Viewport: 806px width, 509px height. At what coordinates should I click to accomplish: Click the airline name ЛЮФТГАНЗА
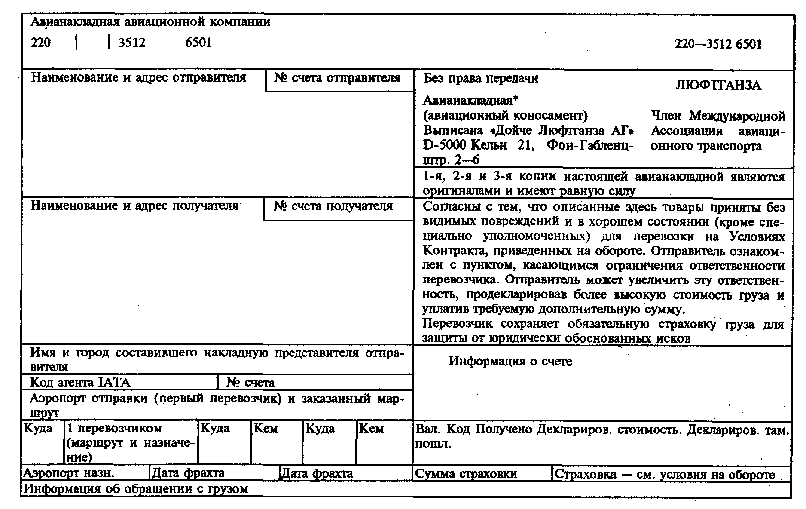718,86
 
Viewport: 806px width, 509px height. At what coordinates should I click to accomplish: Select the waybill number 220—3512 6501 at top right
718,45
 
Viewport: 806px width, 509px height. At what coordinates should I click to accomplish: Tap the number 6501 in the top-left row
198,42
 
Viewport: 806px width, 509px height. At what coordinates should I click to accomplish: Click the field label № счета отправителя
337,78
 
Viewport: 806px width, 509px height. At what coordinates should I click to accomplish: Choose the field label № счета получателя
333,206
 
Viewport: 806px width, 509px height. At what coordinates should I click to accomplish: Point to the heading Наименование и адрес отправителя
138,77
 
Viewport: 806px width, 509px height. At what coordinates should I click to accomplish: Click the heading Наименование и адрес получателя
134,206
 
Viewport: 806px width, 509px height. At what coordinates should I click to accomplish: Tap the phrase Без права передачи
480,78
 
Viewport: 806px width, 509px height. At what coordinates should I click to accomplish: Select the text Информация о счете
510,361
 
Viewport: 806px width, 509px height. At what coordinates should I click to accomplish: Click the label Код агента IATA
80,383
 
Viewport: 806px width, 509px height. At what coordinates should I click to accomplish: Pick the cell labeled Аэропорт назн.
69,473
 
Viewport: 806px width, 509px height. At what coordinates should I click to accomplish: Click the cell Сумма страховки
466,474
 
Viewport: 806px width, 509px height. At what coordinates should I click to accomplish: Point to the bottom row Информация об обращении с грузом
135,489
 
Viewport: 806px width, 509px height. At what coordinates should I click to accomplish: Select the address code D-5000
445,145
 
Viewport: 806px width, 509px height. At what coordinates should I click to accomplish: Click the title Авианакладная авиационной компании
150,22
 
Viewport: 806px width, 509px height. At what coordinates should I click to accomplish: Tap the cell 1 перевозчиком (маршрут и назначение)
131,443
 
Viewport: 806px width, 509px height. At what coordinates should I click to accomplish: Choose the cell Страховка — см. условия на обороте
664,474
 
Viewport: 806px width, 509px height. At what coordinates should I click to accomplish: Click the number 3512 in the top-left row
132,42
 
